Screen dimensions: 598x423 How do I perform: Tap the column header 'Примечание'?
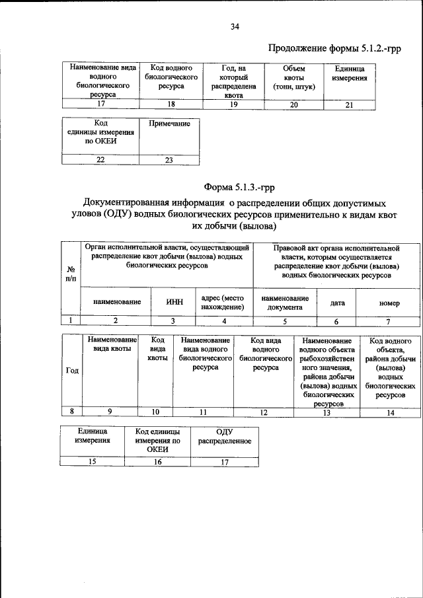tap(169, 124)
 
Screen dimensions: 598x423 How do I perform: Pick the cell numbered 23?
tap(169, 159)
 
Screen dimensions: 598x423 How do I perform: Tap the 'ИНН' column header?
tap(173, 302)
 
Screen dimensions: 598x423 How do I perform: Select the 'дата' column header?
tap(337, 302)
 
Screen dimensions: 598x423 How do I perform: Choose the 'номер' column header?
tap(389, 303)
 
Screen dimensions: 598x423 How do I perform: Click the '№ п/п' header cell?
tap(71, 274)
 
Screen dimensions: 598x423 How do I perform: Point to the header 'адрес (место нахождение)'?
tap(223, 302)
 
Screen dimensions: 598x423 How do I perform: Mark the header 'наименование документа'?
tap(286, 303)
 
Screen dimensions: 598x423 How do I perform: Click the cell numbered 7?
tap(389, 321)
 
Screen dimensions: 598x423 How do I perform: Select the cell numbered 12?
tap(264, 412)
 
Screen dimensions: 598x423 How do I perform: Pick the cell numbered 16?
tap(158, 462)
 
